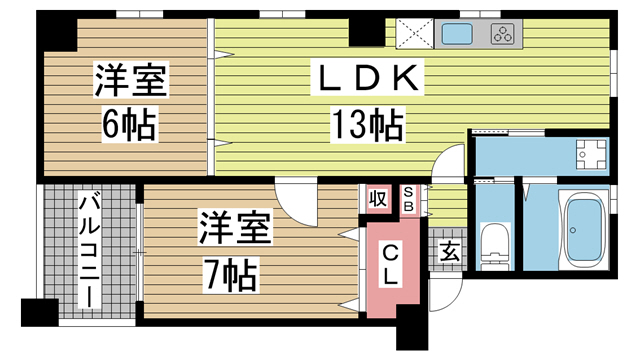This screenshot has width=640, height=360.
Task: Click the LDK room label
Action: (x=367, y=78)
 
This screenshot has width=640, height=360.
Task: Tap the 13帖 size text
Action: (x=368, y=124)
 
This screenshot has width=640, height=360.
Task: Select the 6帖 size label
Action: (x=129, y=124)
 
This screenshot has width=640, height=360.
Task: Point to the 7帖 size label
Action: (x=231, y=274)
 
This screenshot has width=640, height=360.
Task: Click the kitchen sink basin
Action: (x=457, y=33)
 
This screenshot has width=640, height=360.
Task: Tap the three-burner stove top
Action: (x=503, y=33)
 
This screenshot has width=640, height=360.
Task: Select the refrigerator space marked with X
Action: (x=414, y=33)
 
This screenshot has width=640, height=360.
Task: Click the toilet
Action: (x=495, y=246)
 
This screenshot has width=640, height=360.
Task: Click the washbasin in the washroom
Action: (x=591, y=154)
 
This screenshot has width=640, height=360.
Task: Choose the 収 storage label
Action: (x=378, y=199)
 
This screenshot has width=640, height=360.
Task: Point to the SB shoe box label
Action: (x=408, y=199)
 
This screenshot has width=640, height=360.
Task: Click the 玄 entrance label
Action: (x=449, y=251)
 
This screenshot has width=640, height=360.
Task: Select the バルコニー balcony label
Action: (x=89, y=251)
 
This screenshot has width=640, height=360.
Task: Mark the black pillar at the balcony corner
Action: (x=40, y=313)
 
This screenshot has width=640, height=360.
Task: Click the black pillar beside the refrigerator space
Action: (x=367, y=33)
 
